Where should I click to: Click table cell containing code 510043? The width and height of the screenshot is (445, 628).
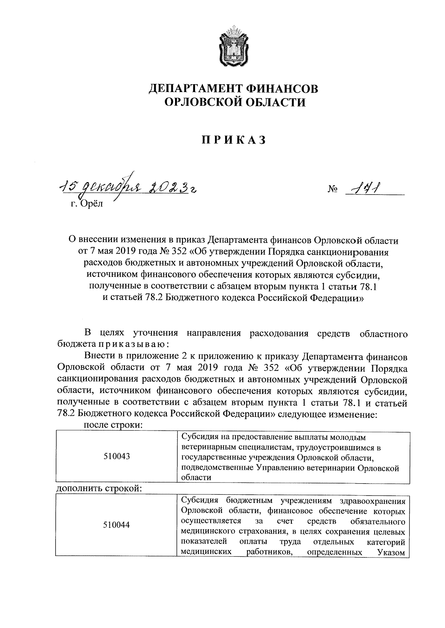point(117,456)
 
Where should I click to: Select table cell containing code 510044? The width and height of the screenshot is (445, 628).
point(117,525)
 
